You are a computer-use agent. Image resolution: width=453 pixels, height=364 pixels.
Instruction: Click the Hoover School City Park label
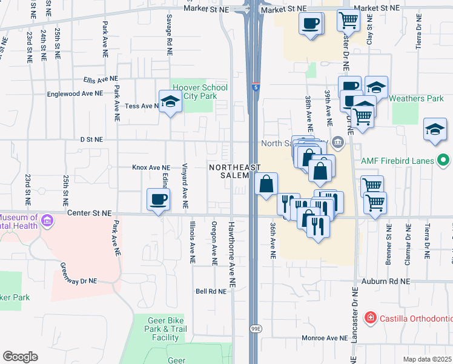tap(199, 92)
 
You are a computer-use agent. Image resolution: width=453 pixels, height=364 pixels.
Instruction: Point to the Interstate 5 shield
tap(256, 87)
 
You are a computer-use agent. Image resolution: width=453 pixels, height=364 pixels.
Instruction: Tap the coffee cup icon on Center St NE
tap(159, 200)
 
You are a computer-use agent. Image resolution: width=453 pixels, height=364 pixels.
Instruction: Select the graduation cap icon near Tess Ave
tap(170, 101)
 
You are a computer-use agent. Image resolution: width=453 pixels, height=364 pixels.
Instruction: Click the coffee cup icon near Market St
tap(311, 24)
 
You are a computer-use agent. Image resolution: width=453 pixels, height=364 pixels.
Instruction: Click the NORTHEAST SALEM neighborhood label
tap(235, 171)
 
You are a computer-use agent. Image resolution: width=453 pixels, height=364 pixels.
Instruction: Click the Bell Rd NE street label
tap(211, 291)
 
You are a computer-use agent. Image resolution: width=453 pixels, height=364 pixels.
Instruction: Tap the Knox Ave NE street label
tap(151, 167)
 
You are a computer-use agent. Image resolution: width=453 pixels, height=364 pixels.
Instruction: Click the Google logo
tap(20, 357)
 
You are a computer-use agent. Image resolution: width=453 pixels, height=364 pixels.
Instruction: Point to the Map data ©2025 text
tap(428, 359)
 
